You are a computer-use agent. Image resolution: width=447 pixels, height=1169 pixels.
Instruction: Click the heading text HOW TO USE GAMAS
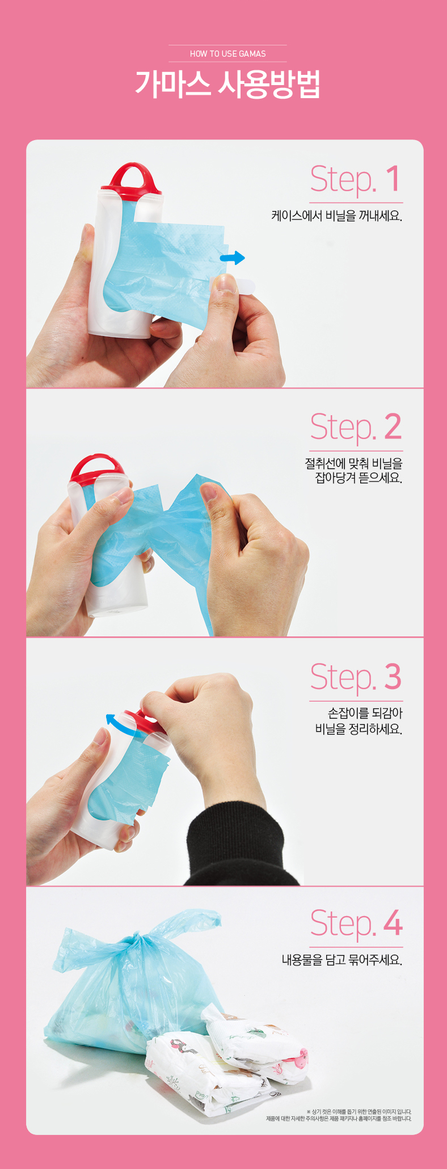pos(228,54)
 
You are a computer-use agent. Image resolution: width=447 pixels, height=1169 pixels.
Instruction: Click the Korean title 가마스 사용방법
pos(228,85)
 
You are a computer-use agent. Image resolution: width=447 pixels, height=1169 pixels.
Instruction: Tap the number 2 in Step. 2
pos(393,427)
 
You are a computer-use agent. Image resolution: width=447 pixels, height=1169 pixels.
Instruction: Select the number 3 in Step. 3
pos(393,677)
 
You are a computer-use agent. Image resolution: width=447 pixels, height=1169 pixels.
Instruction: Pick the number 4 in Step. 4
pos(393,923)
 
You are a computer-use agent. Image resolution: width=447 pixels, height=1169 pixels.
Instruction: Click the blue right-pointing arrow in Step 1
pos(232,258)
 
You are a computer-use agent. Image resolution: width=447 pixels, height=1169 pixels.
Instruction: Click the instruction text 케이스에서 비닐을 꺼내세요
pos(336,216)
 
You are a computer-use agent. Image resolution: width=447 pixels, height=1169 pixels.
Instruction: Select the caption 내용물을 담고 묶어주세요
pos(342,960)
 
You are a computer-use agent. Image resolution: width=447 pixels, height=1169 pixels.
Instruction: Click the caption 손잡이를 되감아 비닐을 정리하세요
pos(359,721)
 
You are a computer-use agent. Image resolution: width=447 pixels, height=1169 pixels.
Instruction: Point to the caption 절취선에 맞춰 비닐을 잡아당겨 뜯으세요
pos(353,471)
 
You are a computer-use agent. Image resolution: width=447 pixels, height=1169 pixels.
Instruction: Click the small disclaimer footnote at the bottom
pos(339,1115)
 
